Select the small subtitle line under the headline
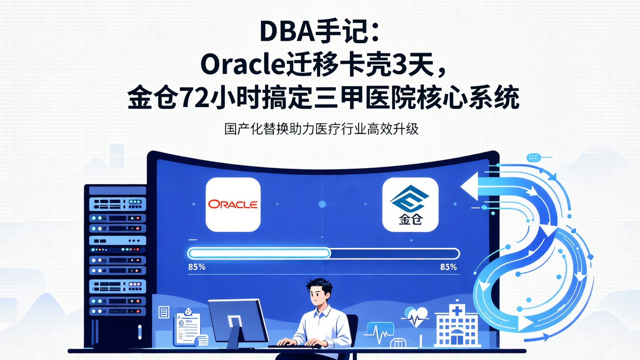(321, 129)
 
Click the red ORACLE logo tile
(233, 204)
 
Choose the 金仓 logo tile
(410, 204)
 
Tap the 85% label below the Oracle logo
(196, 267)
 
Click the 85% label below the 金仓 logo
(448, 267)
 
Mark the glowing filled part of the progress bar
(259, 253)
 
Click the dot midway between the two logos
(322, 204)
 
